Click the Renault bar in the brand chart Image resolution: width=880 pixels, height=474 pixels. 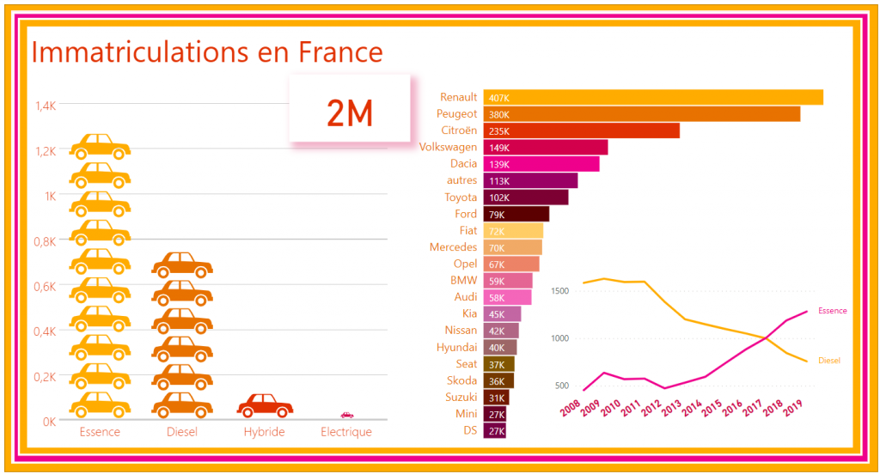(x=653, y=97)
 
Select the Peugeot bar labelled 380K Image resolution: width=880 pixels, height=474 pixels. (x=641, y=113)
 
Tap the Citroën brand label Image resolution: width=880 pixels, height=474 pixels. (x=459, y=131)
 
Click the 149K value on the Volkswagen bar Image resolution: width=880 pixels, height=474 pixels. (x=498, y=148)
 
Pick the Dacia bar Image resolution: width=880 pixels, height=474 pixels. (x=541, y=164)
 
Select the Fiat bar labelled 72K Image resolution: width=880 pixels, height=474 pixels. (x=513, y=231)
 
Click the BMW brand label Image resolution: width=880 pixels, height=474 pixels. (x=464, y=280)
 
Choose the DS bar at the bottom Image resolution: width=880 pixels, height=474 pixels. (x=494, y=430)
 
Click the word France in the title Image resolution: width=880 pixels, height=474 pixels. (x=340, y=52)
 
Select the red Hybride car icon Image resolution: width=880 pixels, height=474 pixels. (x=265, y=404)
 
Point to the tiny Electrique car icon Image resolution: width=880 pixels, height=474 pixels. (x=347, y=416)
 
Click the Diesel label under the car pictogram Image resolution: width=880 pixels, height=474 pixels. (x=182, y=432)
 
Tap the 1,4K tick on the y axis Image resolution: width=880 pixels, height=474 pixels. (x=45, y=106)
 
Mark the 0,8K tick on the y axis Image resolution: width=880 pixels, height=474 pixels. (x=45, y=241)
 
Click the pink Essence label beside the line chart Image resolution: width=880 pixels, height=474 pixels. (x=832, y=310)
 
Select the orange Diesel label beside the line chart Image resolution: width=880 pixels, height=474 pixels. (x=829, y=361)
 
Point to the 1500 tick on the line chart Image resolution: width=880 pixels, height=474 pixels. (x=559, y=291)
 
